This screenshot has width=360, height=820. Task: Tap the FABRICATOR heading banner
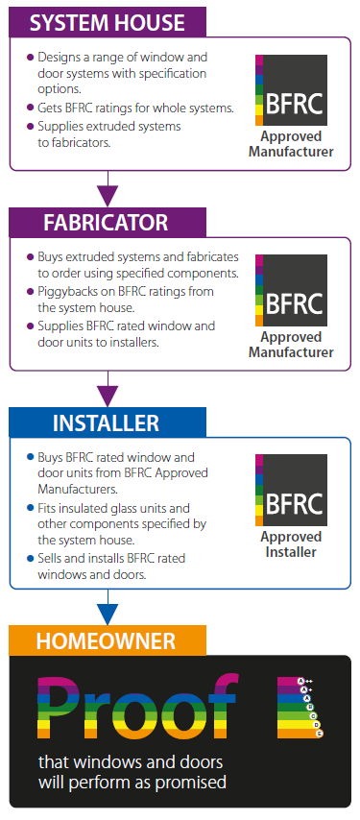(x=105, y=223)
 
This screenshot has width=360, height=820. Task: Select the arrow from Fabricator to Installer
(x=108, y=391)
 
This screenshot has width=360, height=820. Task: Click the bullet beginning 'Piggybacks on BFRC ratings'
(x=125, y=299)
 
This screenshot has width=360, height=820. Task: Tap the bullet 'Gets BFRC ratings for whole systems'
(x=134, y=108)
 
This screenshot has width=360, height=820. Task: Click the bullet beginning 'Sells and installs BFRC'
(x=115, y=566)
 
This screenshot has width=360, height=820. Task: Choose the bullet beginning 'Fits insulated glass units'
(x=120, y=523)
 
